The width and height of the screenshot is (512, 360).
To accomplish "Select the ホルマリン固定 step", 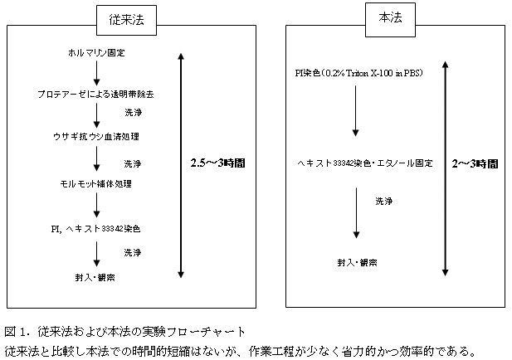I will [98, 52].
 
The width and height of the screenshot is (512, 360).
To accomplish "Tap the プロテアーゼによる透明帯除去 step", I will [95, 94].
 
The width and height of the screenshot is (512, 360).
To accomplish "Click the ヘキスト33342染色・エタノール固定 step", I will [365, 163].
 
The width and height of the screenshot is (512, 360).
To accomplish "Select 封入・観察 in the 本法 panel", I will [357, 262].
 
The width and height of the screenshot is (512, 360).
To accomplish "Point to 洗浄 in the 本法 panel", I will [383, 201].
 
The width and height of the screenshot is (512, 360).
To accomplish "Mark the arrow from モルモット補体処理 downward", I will [97, 204].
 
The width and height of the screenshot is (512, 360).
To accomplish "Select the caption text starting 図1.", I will [124, 331].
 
